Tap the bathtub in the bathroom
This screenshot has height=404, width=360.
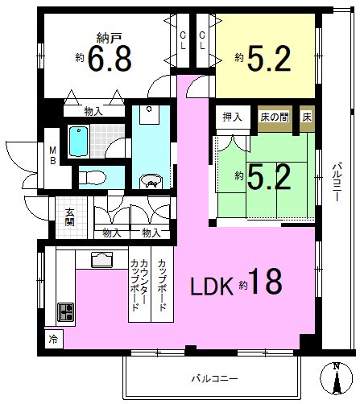(x=78, y=141)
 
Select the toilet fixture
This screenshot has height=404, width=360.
(x=93, y=177)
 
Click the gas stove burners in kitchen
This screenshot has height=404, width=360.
(x=66, y=312)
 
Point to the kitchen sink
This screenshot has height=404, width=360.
(x=101, y=260)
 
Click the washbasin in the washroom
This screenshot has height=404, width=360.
(x=151, y=181)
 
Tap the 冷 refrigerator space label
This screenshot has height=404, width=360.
(x=53, y=340)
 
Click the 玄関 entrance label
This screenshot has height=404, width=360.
(x=69, y=217)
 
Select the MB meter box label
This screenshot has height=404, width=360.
(x=53, y=155)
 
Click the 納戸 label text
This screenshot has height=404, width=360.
(x=110, y=39)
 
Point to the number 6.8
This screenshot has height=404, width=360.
(x=110, y=59)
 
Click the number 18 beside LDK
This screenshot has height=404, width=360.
(x=265, y=282)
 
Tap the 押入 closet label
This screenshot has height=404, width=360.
(x=232, y=117)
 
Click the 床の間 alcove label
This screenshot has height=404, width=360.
(x=275, y=117)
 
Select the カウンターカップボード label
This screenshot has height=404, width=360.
(x=139, y=284)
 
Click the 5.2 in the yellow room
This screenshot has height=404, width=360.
(x=269, y=59)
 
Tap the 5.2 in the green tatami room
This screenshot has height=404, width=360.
(x=269, y=176)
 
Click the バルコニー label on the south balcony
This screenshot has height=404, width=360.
(x=214, y=379)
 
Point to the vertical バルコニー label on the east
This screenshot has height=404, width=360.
(x=337, y=182)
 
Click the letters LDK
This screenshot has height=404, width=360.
(x=212, y=287)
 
